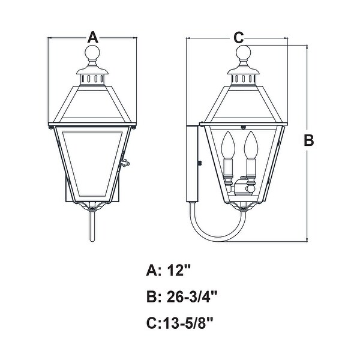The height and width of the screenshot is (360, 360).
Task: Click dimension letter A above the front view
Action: pos(92,37)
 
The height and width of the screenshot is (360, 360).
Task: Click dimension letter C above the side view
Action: pos(239,37)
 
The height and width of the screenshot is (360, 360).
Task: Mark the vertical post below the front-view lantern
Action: pos(92,225)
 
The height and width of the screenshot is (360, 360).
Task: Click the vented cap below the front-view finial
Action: pos(93,77)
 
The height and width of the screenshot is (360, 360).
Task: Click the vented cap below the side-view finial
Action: pos(244,77)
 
